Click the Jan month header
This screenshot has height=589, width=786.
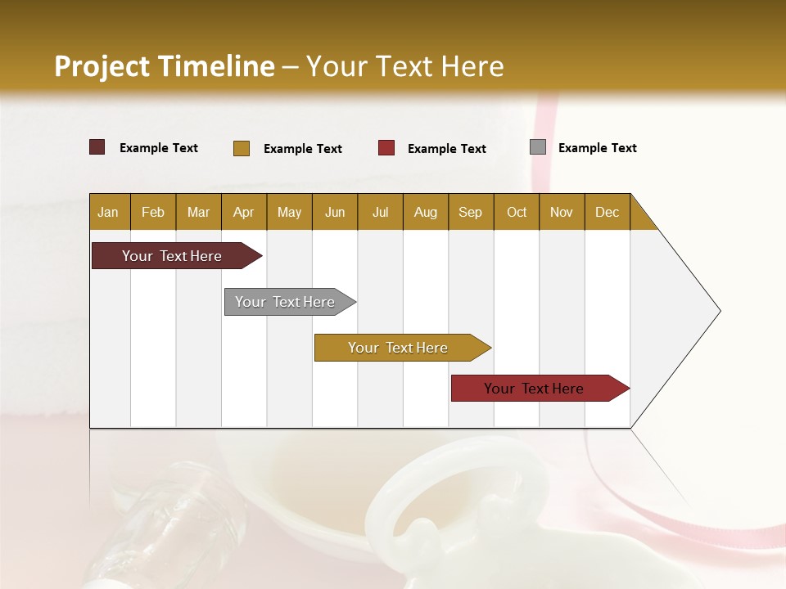click(108, 212)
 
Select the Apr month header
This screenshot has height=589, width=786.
click(243, 212)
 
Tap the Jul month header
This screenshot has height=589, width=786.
click(380, 212)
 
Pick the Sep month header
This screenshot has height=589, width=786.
click(470, 212)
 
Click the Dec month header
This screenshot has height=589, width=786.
click(607, 212)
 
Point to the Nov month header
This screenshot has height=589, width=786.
click(561, 212)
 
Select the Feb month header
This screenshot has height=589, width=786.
click(153, 212)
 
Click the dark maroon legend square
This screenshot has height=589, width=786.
click(97, 147)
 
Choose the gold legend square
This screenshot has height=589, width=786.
click(242, 148)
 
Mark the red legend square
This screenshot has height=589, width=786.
click(386, 148)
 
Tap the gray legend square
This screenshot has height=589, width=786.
click(538, 147)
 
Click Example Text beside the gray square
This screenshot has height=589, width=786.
click(597, 148)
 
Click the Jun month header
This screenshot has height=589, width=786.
click(334, 212)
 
